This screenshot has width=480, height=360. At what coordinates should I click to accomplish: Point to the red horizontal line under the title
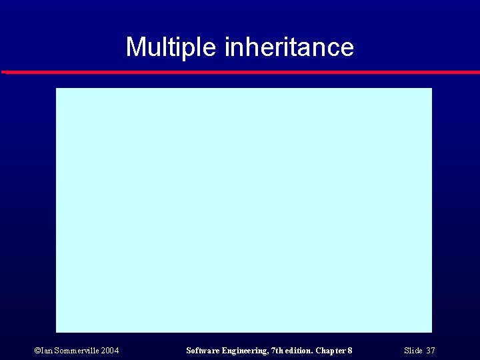(240, 72)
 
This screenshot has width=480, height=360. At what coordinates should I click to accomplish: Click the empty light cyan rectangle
(244, 210)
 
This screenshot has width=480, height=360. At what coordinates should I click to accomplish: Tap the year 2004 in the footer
(110, 351)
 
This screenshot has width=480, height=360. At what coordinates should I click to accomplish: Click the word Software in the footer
(202, 351)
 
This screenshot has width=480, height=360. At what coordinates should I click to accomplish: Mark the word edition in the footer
(297, 351)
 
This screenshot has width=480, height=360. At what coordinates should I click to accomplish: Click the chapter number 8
(350, 351)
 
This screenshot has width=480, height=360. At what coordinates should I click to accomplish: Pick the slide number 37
(431, 351)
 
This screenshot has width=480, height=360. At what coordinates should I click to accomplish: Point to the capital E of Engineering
(223, 351)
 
